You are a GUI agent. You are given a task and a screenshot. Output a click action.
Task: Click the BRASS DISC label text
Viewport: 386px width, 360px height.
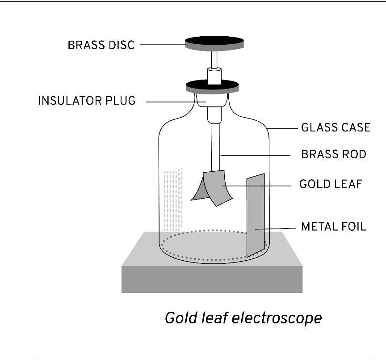click(x=101, y=45)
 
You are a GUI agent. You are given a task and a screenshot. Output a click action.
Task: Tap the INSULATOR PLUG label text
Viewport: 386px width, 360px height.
click(x=87, y=101)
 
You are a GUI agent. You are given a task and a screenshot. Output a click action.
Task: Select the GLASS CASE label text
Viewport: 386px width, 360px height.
click(x=336, y=127)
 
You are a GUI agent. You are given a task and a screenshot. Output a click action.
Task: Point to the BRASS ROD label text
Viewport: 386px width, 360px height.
click(x=333, y=154)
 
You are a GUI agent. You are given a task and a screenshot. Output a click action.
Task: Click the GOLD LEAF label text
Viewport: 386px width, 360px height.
click(x=330, y=184)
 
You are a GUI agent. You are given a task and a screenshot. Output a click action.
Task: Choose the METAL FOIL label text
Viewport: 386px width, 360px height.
click(x=333, y=226)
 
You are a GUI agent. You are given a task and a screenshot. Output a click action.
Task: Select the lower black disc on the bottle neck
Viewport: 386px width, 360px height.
click(x=212, y=86)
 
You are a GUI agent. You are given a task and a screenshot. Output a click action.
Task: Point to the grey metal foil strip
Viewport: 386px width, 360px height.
click(x=256, y=215)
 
